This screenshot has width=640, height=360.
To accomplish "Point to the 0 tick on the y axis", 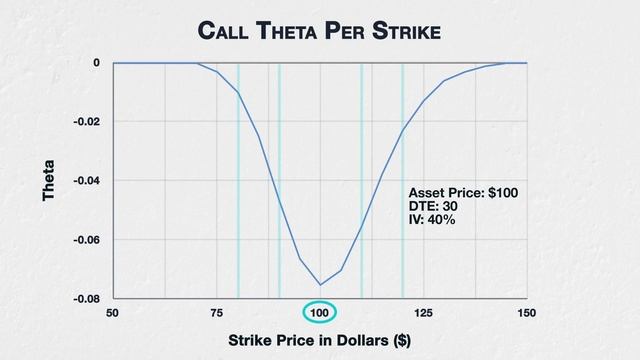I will click(x=97, y=63).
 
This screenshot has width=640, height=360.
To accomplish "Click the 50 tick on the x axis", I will click(x=113, y=313).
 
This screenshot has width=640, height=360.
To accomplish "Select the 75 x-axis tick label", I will click(x=217, y=313).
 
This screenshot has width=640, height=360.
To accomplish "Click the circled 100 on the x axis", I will click(x=320, y=313).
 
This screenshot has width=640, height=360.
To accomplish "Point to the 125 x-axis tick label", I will click(x=424, y=313).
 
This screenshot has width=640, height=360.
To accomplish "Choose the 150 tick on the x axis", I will click(x=527, y=313).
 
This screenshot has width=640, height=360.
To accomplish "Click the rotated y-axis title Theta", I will click(x=48, y=181).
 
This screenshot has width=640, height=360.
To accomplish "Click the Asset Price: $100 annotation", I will click(x=463, y=192).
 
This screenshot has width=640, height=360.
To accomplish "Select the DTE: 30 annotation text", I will click(x=434, y=206).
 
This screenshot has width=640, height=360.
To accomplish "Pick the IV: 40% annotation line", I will click(x=432, y=220).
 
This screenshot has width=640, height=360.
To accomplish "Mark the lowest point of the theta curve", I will click(x=320, y=285).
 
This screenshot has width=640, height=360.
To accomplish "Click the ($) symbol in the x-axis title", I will click(x=399, y=340).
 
